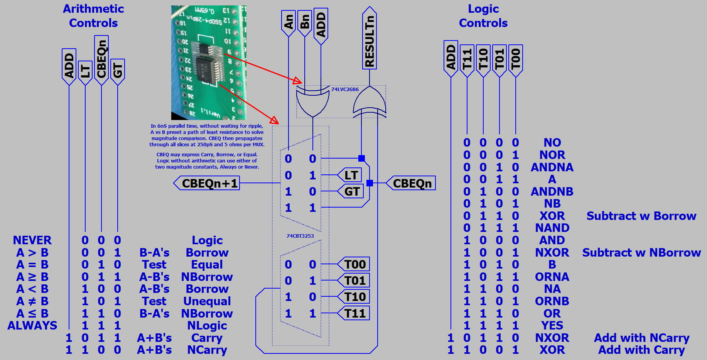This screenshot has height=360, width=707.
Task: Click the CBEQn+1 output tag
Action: pos(207,183)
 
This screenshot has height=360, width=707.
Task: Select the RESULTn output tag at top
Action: pos(370,39)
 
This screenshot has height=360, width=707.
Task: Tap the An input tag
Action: pos(289,22)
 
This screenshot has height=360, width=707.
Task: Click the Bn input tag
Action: pos(305,22)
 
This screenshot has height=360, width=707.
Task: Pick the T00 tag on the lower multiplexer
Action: pos(354,264)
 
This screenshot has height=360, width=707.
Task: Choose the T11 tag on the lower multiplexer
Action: pos(354,313)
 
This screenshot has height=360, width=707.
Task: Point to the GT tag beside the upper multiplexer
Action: pos(351,191)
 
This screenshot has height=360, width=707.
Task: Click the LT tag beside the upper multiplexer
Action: pos(349,175)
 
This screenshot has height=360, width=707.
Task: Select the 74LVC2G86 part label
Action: pos(345,90)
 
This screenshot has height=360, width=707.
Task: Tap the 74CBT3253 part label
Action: pos(300,236)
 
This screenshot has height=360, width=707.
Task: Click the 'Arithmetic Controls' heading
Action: pos(93,16)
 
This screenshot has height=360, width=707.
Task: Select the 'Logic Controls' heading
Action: pos(483,16)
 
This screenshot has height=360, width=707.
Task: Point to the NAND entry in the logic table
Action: pos(552,228)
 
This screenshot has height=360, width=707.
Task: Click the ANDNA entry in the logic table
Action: pos(552,167)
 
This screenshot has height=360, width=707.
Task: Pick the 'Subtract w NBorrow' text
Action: pos(641,253)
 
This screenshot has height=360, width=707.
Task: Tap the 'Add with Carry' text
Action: pos(641,350)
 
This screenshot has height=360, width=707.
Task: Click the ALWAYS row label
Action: pos(32,326)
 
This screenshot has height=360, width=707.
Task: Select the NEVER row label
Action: pos(32,240)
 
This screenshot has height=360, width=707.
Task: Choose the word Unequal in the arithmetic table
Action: pos(207,301)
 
